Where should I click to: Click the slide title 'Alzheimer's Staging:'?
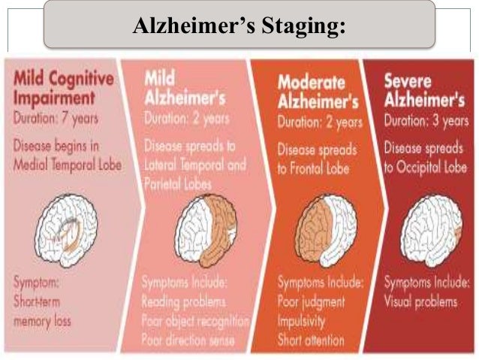(239, 26)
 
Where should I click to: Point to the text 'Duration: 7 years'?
(56, 118)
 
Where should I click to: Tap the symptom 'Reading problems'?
(184, 302)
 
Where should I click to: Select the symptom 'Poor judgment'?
(312, 302)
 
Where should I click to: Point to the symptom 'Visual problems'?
(420, 302)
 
